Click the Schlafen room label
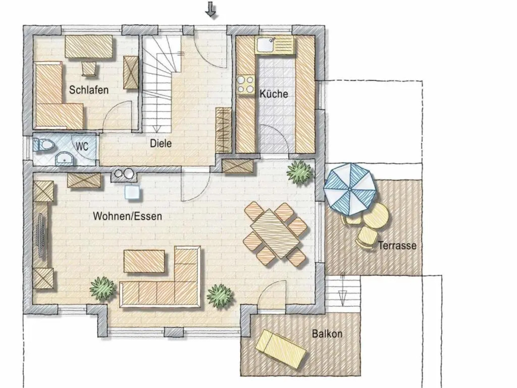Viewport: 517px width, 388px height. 89,89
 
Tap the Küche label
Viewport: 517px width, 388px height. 274,94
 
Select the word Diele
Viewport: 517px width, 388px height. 160,143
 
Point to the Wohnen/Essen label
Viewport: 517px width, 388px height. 127,216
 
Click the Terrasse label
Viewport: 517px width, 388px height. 397,246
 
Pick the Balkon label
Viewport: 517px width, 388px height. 327,334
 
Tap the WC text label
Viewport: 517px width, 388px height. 82,147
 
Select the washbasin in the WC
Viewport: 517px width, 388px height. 64,158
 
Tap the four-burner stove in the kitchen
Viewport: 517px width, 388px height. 245,85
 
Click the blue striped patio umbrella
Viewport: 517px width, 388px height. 349,189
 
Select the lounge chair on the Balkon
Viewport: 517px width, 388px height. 281,348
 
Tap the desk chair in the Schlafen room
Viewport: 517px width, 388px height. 89,69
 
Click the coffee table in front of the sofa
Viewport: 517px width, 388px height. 144,261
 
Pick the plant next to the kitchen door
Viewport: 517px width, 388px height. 299,172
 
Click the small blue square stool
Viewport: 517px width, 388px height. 133,192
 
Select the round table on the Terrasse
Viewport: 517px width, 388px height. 376,215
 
